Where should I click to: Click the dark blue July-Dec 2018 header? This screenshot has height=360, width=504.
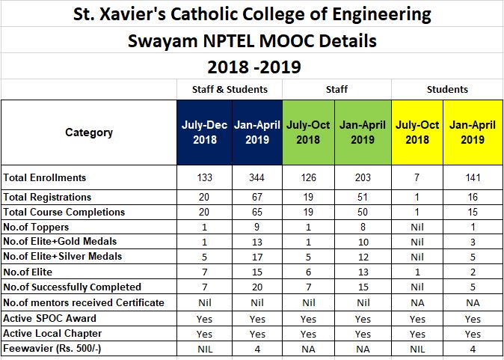203,132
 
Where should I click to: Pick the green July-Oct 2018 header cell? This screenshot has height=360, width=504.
308,132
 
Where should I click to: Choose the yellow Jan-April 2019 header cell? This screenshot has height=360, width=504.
473,132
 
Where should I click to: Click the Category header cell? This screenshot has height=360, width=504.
89,132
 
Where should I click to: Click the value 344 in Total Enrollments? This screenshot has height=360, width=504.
256,177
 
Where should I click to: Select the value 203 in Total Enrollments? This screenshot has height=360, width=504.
363,177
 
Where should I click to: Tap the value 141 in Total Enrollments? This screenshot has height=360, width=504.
473,177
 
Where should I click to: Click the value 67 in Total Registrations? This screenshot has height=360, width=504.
256,197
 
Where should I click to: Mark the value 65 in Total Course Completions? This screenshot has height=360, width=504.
256,212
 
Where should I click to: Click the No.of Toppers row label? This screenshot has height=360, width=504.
36,227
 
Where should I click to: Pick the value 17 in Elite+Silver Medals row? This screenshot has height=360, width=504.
256,257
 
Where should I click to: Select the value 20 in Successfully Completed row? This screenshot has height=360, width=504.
256,287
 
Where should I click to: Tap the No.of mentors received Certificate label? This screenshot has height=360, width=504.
84,302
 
